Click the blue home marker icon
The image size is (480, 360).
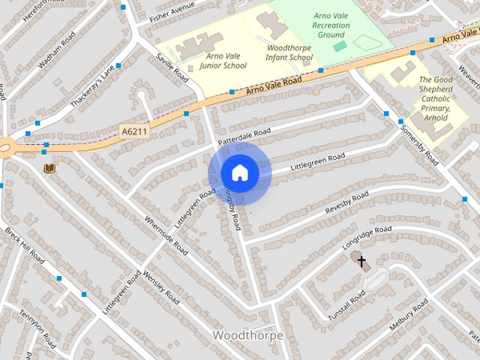pos(239,173)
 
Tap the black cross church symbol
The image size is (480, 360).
pos(361,262)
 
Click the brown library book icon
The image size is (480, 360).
pos(49,168)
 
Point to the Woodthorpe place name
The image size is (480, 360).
pos(248,335)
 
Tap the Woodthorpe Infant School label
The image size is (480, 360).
pos(289,52)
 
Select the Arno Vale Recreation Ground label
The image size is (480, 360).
pos(331,25)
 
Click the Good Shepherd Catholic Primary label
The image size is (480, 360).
pos(435,98)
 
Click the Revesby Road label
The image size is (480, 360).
pos(346,204)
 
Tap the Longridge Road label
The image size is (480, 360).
pos(367,238)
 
